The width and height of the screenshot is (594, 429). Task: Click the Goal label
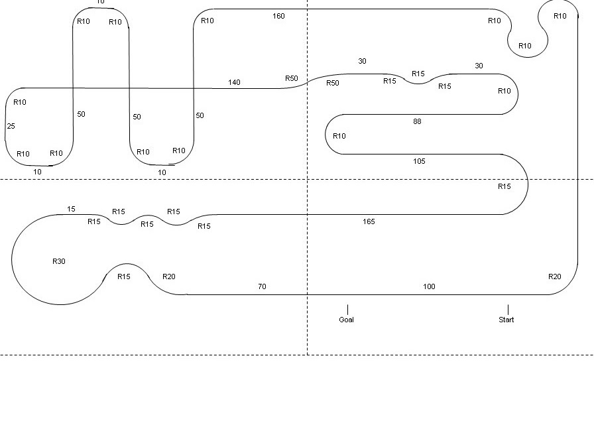pos(346,320)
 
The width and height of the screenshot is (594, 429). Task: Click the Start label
pos(506,320)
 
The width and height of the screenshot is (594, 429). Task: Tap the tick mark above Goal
pos(347,310)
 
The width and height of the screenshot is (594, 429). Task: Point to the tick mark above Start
pos(508,310)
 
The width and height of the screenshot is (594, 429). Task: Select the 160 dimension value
pos(278,16)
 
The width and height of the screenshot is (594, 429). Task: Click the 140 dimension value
pos(234,82)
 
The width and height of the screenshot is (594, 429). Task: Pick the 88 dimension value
pos(417,121)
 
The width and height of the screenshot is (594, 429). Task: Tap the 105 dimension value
pos(419,161)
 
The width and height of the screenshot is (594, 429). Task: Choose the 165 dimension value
pos(369,221)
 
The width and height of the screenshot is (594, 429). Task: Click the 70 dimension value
pos(262,286)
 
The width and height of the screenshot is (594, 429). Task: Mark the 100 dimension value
pos(429,286)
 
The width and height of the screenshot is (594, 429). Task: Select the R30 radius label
pos(59,261)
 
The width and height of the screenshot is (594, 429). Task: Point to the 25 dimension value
pos(11,126)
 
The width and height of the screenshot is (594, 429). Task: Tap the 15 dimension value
pos(71,209)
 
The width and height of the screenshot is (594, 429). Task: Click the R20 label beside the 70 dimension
pos(169,276)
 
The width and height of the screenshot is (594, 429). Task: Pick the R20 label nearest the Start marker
pos(554,276)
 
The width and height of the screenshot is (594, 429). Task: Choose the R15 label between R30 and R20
pos(124,276)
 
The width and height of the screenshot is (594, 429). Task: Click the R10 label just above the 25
pos(20,102)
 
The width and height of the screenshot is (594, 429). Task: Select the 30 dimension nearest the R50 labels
pos(362,61)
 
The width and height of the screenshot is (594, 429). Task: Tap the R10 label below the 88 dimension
pos(339,136)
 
